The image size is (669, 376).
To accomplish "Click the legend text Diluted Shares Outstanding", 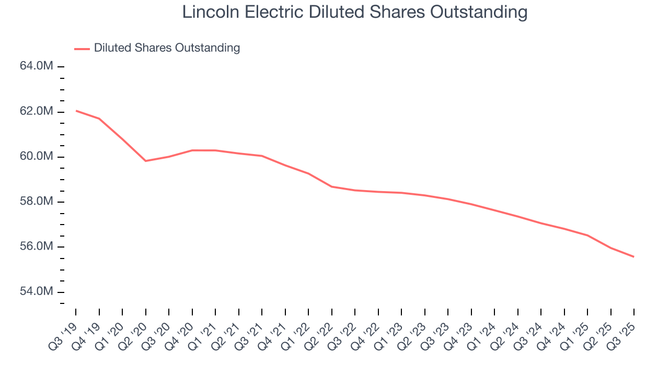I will (167, 48).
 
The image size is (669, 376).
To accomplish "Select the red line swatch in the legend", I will (82, 49).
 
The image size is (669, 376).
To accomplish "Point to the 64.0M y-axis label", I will (37, 66).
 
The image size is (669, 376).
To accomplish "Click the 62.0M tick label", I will (37, 112).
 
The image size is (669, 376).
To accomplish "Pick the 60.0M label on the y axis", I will (37, 157).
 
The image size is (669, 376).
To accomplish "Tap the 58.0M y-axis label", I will (37, 202).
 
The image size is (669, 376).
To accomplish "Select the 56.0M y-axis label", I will (37, 246).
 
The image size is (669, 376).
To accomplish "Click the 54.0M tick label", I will (37, 291).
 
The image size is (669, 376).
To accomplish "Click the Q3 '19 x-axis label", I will (63, 334).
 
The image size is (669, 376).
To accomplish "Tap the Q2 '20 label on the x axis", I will (133, 334).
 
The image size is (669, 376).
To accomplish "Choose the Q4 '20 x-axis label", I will (180, 334).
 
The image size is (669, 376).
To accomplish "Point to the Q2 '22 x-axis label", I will (319, 334).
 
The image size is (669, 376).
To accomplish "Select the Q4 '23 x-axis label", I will (459, 334).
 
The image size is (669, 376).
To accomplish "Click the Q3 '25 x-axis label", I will (621, 334).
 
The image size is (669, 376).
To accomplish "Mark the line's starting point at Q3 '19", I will (76, 111).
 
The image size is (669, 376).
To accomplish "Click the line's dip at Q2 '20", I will (145, 161).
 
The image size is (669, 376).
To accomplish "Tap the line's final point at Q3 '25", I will (633, 256).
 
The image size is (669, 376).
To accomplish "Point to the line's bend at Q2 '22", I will (332, 186).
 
